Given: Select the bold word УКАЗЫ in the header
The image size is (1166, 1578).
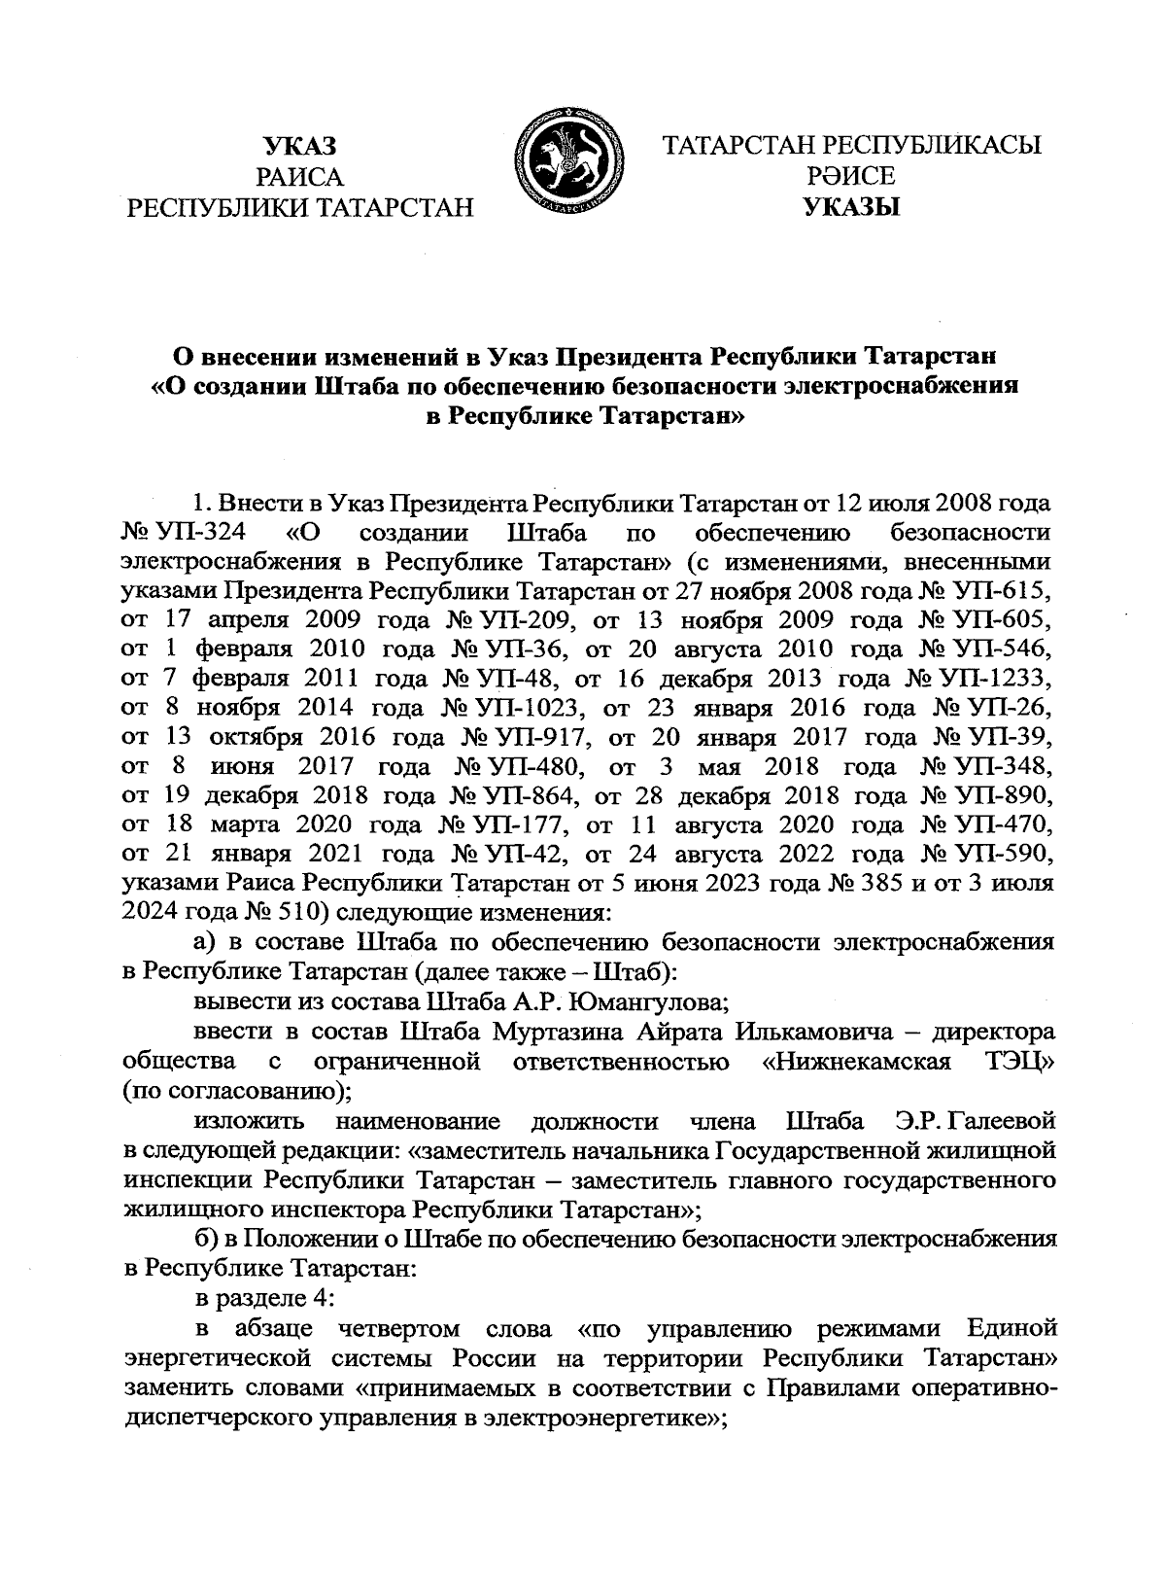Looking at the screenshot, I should tap(851, 207).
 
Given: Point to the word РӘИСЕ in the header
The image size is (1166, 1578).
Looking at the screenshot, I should tap(851, 176).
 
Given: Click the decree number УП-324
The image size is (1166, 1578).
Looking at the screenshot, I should tap(204, 534).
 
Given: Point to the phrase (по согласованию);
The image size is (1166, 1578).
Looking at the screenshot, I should tap(238, 1090).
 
